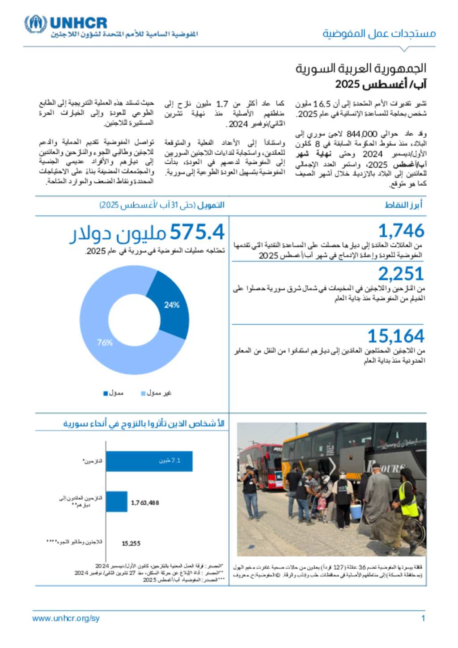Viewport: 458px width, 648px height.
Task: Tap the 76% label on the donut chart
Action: point(105,343)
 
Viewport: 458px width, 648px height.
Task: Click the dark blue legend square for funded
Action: point(106,394)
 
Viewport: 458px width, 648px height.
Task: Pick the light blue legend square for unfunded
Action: point(143,394)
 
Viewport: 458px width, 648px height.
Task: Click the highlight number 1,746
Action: point(401,231)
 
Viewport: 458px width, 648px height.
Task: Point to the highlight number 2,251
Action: point(401,274)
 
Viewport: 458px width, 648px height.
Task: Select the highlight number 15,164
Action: point(395,336)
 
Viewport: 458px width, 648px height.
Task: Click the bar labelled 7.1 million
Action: point(149,461)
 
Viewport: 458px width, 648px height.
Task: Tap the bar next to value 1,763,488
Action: point(117,502)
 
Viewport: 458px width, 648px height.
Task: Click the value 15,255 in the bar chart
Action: point(131,543)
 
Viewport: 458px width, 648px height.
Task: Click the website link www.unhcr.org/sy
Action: point(66,618)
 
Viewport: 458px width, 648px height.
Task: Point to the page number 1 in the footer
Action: point(423,618)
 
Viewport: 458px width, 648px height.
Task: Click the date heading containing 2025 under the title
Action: point(381,84)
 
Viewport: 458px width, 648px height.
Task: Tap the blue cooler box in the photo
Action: point(356,510)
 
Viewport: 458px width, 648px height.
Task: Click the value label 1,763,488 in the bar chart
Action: point(145,503)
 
